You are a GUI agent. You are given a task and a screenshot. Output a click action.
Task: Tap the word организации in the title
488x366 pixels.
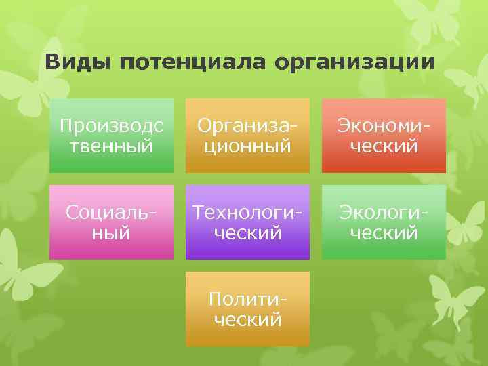(354, 63)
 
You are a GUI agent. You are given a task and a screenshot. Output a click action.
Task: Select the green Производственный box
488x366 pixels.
(111, 135)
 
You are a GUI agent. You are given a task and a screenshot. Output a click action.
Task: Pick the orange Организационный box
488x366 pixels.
(248, 135)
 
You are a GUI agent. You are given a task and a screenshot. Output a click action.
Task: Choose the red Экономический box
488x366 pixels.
(384, 135)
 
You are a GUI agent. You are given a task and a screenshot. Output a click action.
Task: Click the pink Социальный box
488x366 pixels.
(111, 222)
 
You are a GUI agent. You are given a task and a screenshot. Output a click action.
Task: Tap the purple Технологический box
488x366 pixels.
(248, 222)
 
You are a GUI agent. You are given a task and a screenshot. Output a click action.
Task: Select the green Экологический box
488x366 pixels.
(384, 222)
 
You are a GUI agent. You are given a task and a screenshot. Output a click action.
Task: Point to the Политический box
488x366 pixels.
(248, 308)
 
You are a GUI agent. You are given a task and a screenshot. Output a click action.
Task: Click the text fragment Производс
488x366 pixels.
(111, 125)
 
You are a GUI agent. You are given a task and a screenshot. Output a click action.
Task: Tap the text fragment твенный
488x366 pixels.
(111, 145)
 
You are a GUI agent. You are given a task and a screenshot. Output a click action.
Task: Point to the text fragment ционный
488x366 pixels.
(248, 145)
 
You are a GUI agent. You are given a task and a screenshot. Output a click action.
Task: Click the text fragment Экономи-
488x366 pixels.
(384, 125)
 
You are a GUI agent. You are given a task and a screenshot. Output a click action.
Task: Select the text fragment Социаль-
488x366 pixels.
(111, 212)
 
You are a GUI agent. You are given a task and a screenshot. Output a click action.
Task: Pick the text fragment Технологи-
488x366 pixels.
(248, 212)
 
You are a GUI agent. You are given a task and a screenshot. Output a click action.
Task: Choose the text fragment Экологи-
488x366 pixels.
(384, 212)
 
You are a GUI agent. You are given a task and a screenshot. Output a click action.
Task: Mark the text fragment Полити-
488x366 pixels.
(248, 299)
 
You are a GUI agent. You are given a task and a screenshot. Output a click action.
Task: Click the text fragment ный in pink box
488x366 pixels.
(111, 232)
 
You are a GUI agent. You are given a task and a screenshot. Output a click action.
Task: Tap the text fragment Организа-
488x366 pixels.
(248, 125)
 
